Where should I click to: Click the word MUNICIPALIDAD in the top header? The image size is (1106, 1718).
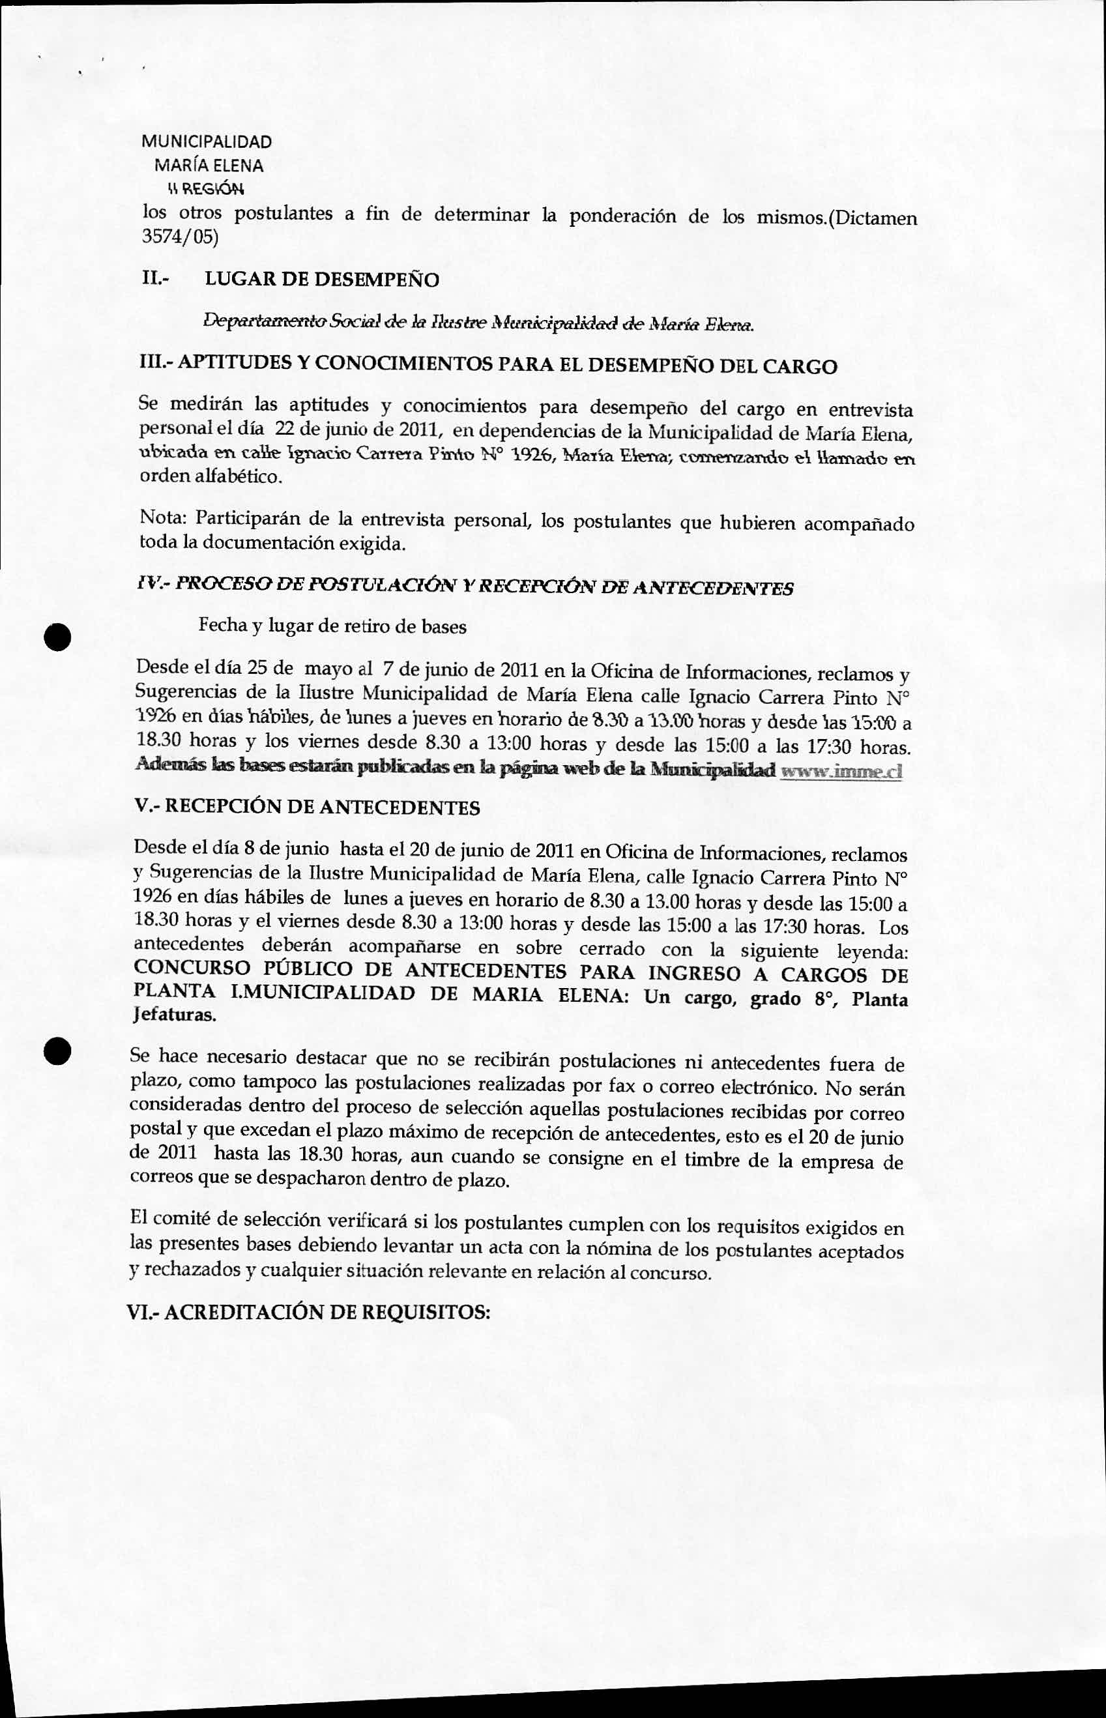pyautogui.click(x=206, y=141)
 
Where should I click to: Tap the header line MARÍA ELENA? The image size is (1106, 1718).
pyautogui.click(x=209, y=166)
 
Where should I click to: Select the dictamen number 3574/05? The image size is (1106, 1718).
pyautogui.click(x=179, y=237)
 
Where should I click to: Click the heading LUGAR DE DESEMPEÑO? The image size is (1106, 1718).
pyautogui.click(x=322, y=280)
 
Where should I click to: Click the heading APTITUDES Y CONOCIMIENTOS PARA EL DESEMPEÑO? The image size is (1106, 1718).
pyautogui.click(x=487, y=366)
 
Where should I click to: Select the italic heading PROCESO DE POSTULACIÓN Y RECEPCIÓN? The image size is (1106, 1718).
pyautogui.click(x=465, y=587)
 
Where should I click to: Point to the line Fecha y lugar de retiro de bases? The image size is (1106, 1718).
pyautogui.click(x=332, y=626)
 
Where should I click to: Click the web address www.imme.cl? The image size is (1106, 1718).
pyautogui.click(x=840, y=772)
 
